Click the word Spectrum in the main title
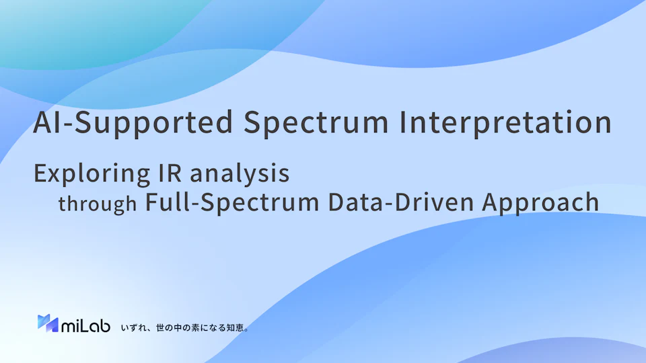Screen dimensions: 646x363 316,123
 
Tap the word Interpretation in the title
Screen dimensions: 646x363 505,122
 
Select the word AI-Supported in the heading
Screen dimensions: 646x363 133,123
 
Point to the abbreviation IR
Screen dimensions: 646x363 170,173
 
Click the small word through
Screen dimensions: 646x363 97,204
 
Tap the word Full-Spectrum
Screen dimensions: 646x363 232,203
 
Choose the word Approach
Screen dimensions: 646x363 540,203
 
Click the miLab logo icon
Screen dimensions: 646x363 48,323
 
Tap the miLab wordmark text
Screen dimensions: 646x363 85,325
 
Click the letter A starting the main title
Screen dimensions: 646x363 43,122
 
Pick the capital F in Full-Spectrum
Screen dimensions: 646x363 151,202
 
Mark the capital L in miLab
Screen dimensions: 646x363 83,325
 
